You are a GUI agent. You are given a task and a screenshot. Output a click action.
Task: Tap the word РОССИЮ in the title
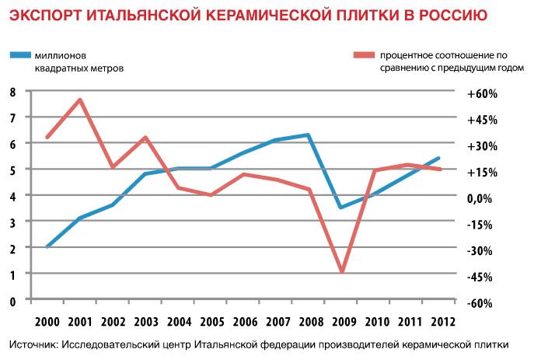point(454,16)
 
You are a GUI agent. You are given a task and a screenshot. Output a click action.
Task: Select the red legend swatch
point(362,55)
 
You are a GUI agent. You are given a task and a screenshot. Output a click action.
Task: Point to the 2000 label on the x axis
point(48,320)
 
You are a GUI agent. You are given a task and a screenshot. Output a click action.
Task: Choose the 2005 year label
point(211,320)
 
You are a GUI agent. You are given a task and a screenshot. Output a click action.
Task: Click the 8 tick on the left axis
point(12,91)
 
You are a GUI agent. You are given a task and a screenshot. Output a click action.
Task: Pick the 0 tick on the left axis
point(12,300)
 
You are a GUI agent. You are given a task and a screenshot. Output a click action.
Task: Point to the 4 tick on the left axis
point(12,195)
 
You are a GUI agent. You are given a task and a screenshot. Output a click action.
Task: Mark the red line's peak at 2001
point(80,100)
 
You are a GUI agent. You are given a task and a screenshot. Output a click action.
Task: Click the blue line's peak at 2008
point(309,135)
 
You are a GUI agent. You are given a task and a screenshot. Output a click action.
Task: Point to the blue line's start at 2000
point(48,246)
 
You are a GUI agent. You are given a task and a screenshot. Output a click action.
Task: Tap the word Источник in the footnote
point(33,344)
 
